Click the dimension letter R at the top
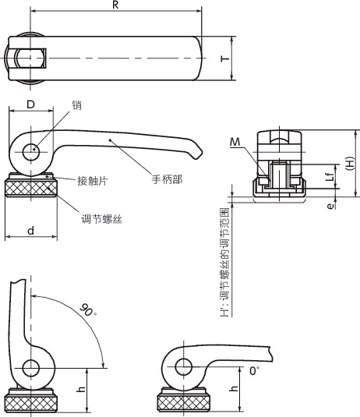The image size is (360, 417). [115, 5]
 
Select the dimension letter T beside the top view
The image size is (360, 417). [225, 58]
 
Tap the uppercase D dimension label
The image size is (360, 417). [31, 104]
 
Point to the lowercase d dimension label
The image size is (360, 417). [31, 231]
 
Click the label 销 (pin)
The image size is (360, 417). [76, 105]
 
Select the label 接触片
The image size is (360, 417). [93, 181]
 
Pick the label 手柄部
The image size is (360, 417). [167, 179]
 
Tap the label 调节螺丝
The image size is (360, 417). [101, 219]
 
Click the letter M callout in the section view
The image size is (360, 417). [235, 143]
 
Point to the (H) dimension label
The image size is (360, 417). [350, 164]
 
